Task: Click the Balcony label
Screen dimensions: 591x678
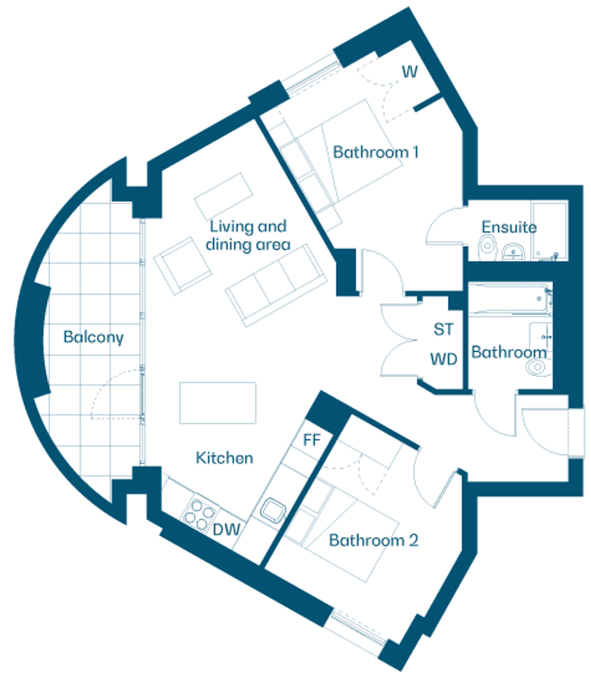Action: coord(93,337)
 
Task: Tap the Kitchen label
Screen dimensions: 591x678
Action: coord(224,458)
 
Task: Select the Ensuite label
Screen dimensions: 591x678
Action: coord(509,227)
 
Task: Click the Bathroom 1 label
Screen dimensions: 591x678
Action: coord(376,152)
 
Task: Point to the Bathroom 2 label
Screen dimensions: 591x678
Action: coord(374,540)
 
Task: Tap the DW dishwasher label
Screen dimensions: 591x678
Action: coord(227,529)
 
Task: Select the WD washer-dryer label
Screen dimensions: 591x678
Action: coord(444,359)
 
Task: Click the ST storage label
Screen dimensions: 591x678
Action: coord(444,329)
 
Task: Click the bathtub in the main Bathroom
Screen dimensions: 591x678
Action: coord(510,299)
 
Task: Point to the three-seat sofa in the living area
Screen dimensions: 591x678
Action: coord(276,286)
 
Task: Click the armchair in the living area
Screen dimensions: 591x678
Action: coord(182,266)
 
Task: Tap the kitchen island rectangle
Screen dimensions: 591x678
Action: coord(218,403)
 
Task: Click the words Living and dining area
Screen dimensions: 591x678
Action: coord(248,235)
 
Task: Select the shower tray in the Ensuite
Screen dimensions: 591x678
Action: coord(549,231)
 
